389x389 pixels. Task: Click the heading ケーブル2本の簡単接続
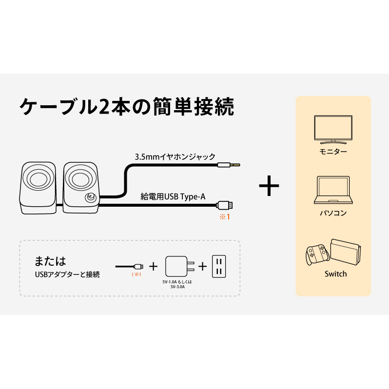127,107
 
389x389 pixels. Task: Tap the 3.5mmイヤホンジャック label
175,156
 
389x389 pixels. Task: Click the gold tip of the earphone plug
235,164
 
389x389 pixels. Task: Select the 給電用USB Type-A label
173,197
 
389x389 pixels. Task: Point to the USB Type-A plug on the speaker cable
225,205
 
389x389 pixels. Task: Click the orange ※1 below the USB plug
225,217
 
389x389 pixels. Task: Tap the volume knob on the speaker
90,198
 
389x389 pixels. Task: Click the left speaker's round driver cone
39,178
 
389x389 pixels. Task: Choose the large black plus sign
269,186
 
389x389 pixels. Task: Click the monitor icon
333,130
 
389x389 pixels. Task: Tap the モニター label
333,151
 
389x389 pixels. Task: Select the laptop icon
333,190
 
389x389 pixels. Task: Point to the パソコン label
333,213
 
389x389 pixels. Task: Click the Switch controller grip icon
317,255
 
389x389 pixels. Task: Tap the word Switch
336,274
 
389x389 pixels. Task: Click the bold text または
50,261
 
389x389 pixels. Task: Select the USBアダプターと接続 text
67,274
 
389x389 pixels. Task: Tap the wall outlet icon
219,266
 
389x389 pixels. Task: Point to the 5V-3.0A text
177,287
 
